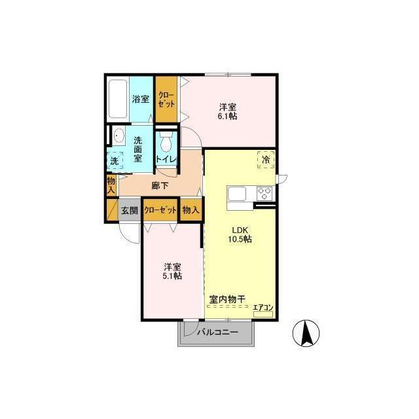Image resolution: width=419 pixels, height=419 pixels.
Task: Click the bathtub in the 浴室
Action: click(x=118, y=99)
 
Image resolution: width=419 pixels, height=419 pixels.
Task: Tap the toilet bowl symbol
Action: click(x=166, y=141)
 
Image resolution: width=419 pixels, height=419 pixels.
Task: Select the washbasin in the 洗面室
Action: click(x=118, y=136)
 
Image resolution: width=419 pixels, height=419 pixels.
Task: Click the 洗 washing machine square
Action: click(x=115, y=160)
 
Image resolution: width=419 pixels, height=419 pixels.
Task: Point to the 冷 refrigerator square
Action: click(x=266, y=160)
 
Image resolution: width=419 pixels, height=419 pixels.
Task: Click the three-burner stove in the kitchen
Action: click(x=264, y=193)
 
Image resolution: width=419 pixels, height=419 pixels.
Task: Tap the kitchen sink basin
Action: click(x=236, y=194)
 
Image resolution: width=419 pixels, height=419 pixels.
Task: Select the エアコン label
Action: click(x=263, y=307)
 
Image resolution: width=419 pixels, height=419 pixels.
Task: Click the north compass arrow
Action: click(x=306, y=333)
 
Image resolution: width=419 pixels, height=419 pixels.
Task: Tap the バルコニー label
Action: click(x=217, y=333)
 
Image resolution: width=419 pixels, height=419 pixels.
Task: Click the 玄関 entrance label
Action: click(x=130, y=210)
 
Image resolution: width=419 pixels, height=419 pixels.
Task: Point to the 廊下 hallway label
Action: click(x=160, y=185)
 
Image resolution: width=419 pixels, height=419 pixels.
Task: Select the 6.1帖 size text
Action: click(x=227, y=117)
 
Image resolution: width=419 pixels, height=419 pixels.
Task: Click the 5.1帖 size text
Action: click(x=172, y=276)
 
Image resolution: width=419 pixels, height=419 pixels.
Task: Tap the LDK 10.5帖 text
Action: click(x=240, y=234)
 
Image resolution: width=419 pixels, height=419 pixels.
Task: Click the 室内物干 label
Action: click(x=227, y=299)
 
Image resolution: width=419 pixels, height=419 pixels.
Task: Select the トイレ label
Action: click(x=166, y=160)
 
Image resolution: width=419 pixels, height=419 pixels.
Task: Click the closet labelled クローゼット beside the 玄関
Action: click(x=160, y=210)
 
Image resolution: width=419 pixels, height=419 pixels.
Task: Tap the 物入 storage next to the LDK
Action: click(x=191, y=210)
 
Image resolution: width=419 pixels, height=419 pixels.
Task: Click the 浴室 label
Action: click(x=141, y=99)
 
